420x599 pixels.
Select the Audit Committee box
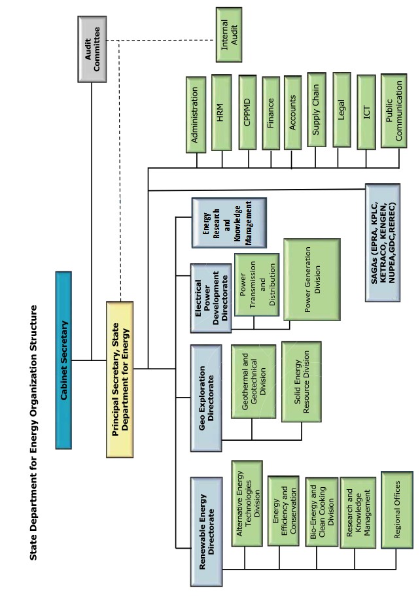pyautogui.click(x=92, y=50)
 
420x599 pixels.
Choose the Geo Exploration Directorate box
pyautogui.click(x=206, y=397)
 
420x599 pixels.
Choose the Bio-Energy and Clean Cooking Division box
pyautogui.click(x=322, y=511)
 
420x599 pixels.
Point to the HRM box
pyautogui.click(x=221, y=112)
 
